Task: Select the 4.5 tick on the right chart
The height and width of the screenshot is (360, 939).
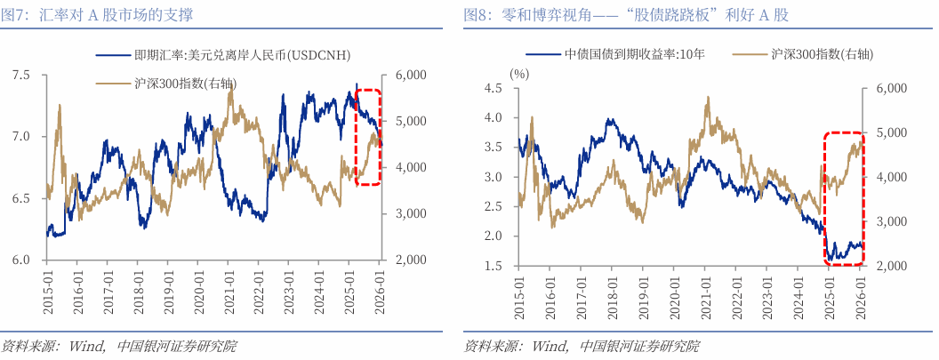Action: tap(492, 88)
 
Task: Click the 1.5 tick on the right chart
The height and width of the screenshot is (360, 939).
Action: tap(492, 266)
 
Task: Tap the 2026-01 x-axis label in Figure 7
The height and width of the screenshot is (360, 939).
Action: tap(380, 292)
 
